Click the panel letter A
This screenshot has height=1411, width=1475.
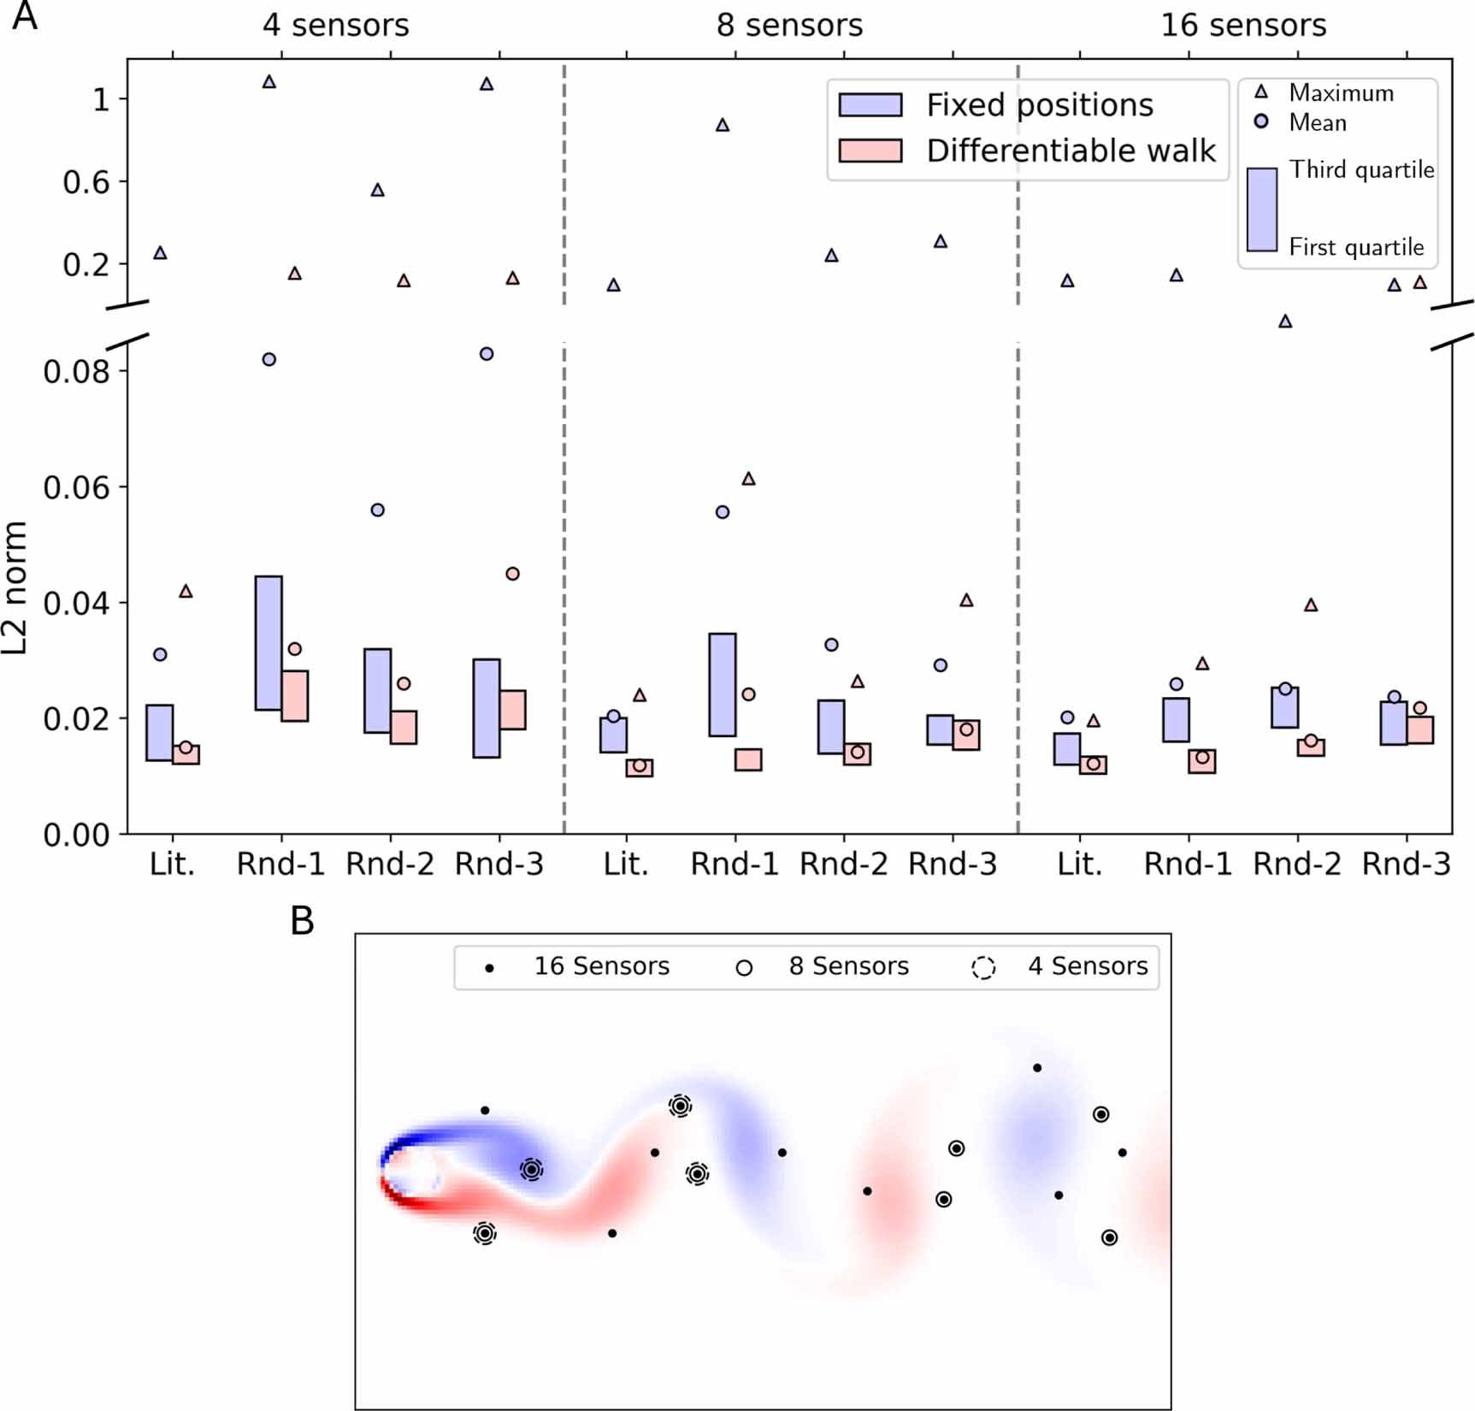click(x=25, y=17)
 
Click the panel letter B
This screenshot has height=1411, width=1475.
click(x=302, y=921)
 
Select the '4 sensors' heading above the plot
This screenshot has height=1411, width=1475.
click(x=335, y=26)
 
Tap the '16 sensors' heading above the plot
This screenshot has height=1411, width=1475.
click(x=1243, y=26)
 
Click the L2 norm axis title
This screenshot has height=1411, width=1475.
click(x=15, y=587)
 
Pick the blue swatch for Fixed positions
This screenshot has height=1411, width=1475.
click(x=870, y=105)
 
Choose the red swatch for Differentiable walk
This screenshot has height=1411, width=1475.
click(x=870, y=151)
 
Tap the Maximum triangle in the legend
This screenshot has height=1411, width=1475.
click(x=1261, y=92)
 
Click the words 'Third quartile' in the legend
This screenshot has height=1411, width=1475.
click(x=1361, y=169)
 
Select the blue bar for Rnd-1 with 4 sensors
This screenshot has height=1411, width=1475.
click(x=268, y=643)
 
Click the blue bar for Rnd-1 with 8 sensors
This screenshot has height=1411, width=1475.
click(x=723, y=684)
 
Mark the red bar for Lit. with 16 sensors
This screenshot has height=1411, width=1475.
click(x=1093, y=765)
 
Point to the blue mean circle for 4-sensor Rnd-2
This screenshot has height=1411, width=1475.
click(x=377, y=511)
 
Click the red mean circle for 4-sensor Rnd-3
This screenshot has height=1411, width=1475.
click(x=512, y=574)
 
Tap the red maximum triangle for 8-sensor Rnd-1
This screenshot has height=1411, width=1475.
click(x=748, y=479)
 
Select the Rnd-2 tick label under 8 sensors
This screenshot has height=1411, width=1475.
click(x=843, y=865)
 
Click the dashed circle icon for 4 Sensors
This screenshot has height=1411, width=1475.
click(x=983, y=968)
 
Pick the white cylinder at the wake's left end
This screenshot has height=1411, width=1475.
click(x=409, y=1172)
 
